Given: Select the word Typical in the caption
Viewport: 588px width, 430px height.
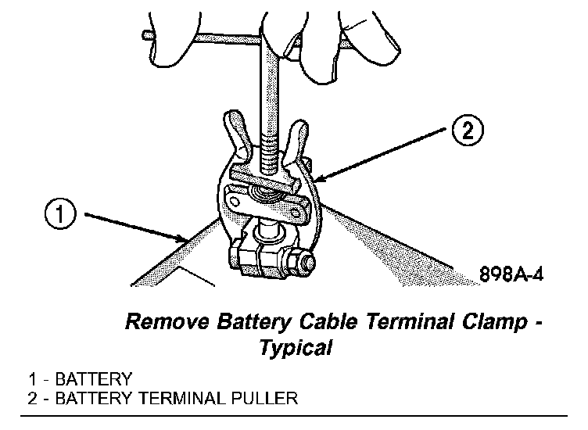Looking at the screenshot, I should click(296, 346).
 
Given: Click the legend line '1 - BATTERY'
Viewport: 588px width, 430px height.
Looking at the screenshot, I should click(78, 380).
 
